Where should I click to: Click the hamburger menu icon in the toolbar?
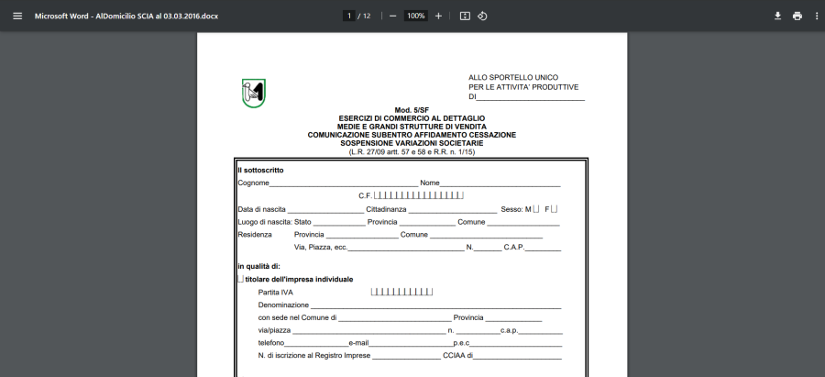coord(17,16)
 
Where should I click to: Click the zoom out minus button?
coord(392,16)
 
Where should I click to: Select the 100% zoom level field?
coord(415,16)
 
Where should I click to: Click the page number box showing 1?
coord(349,16)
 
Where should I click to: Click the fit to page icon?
coord(465,16)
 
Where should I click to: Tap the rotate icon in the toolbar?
coord(482,16)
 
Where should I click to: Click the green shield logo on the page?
coord(253,93)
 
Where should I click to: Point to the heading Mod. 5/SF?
coord(412,110)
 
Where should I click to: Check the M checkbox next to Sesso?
coord(536,209)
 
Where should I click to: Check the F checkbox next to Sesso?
coord(554,209)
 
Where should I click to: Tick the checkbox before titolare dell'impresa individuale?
coord(240,279)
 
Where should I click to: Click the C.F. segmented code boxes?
coord(418,195)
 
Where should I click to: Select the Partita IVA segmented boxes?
coord(401,292)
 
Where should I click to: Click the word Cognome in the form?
coord(253,183)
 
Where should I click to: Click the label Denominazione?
coord(283,305)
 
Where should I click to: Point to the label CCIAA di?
coord(456,355)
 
